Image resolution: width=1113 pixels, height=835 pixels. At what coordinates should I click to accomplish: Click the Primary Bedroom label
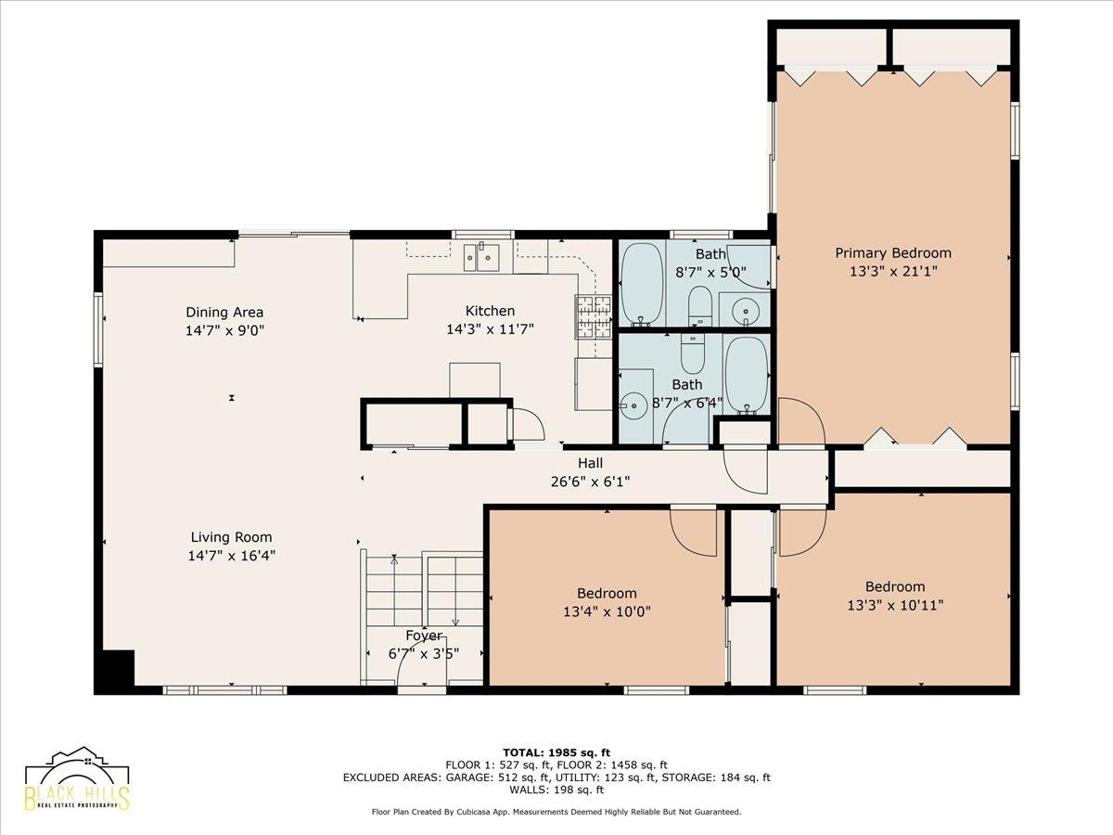tap(893, 252)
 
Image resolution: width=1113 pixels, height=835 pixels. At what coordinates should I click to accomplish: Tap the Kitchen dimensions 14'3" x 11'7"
tap(490, 329)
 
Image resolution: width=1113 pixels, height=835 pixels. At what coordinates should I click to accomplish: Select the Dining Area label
tap(224, 312)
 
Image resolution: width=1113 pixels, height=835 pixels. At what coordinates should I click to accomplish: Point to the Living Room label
tap(231, 537)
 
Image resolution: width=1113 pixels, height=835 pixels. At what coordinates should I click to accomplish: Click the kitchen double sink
tap(481, 258)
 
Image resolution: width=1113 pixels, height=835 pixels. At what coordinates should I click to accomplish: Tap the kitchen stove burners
tap(593, 317)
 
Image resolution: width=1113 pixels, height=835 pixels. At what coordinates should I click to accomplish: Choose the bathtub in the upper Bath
tap(643, 285)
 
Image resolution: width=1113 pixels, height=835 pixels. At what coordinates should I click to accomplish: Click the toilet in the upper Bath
tap(700, 306)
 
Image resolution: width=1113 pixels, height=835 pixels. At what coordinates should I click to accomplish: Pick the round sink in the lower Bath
tap(633, 405)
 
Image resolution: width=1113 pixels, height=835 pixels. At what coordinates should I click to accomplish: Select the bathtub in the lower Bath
tap(747, 375)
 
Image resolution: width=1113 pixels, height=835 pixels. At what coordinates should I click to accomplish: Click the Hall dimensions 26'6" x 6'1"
tap(590, 482)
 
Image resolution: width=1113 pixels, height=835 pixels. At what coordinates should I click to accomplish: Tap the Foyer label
tap(424, 636)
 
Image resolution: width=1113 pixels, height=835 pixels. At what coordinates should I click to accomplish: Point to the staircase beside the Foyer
tap(424, 591)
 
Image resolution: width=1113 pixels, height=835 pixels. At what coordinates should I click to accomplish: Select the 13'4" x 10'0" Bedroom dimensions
tap(607, 611)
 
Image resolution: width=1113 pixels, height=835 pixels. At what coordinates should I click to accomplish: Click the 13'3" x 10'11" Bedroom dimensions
tap(895, 605)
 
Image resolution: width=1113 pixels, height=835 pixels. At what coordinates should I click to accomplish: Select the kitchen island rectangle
tap(475, 380)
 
